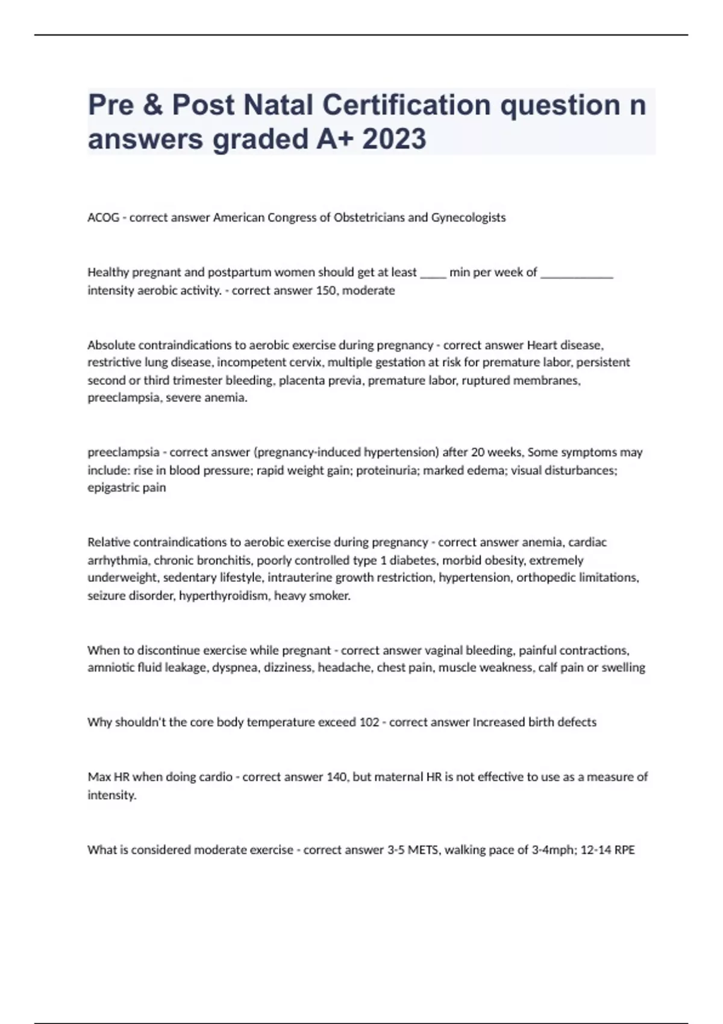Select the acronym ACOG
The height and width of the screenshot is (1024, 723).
(103, 217)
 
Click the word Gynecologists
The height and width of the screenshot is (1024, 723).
(468, 217)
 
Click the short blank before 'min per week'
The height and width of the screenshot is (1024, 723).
(433, 273)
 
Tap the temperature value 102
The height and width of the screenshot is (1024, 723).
(369, 722)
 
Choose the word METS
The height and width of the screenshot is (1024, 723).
(423, 850)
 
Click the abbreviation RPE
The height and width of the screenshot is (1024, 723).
(624, 850)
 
